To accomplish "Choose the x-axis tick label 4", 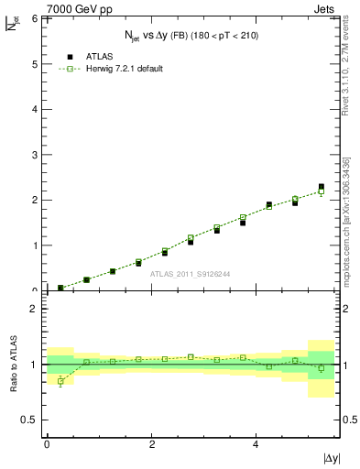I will click(256, 442).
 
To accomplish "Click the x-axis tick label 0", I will click(47, 442).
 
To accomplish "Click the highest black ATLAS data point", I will click(322, 187).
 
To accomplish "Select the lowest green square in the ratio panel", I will click(60, 381).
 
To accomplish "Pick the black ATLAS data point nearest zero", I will click(60, 288).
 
